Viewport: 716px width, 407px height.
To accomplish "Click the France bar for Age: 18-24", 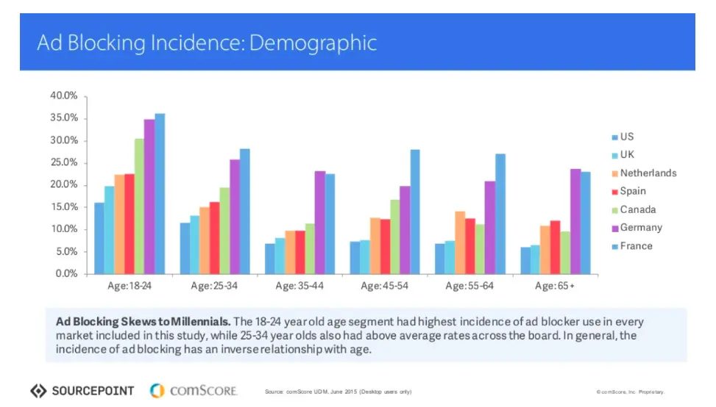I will (x=160, y=194).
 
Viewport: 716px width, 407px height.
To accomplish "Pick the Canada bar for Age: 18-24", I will (x=139, y=206).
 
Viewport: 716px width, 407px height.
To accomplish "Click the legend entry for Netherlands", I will (x=648, y=173).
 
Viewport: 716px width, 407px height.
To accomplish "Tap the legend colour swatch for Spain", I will (x=614, y=192).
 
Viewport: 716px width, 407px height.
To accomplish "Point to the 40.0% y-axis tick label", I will (x=63, y=96).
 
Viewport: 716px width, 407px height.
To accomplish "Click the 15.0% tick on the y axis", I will (x=63, y=207).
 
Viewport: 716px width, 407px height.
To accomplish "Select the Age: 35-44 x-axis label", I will (x=300, y=285).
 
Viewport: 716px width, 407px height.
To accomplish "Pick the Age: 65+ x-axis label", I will (x=554, y=285).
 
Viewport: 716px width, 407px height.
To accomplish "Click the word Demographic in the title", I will (x=313, y=43).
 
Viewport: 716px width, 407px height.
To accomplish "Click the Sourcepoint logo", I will (x=82, y=390).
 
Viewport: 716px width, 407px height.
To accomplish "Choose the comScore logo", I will (x=194, y=390).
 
